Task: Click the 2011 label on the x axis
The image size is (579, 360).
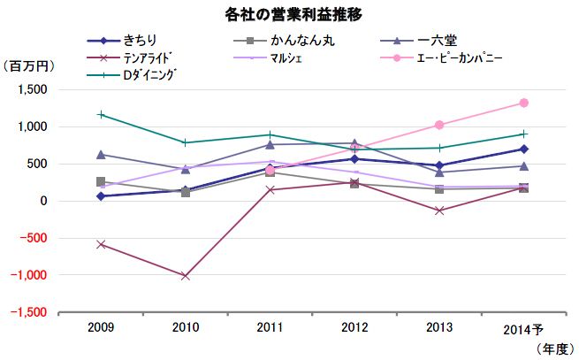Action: pyautogui.click(x=270, y=328)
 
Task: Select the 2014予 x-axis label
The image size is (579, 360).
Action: pyautogui.click(x=525, y=329)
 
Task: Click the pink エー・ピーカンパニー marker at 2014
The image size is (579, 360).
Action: pyautogui.click(x=524, y=103)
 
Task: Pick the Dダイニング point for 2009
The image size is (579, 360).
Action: pyautogui.click(x=102, y=114)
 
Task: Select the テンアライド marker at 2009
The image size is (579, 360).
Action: pyautogui.click(x=102, y=244)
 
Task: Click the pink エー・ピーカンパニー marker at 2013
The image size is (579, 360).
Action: pyautogui.click(x=439, y=125)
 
